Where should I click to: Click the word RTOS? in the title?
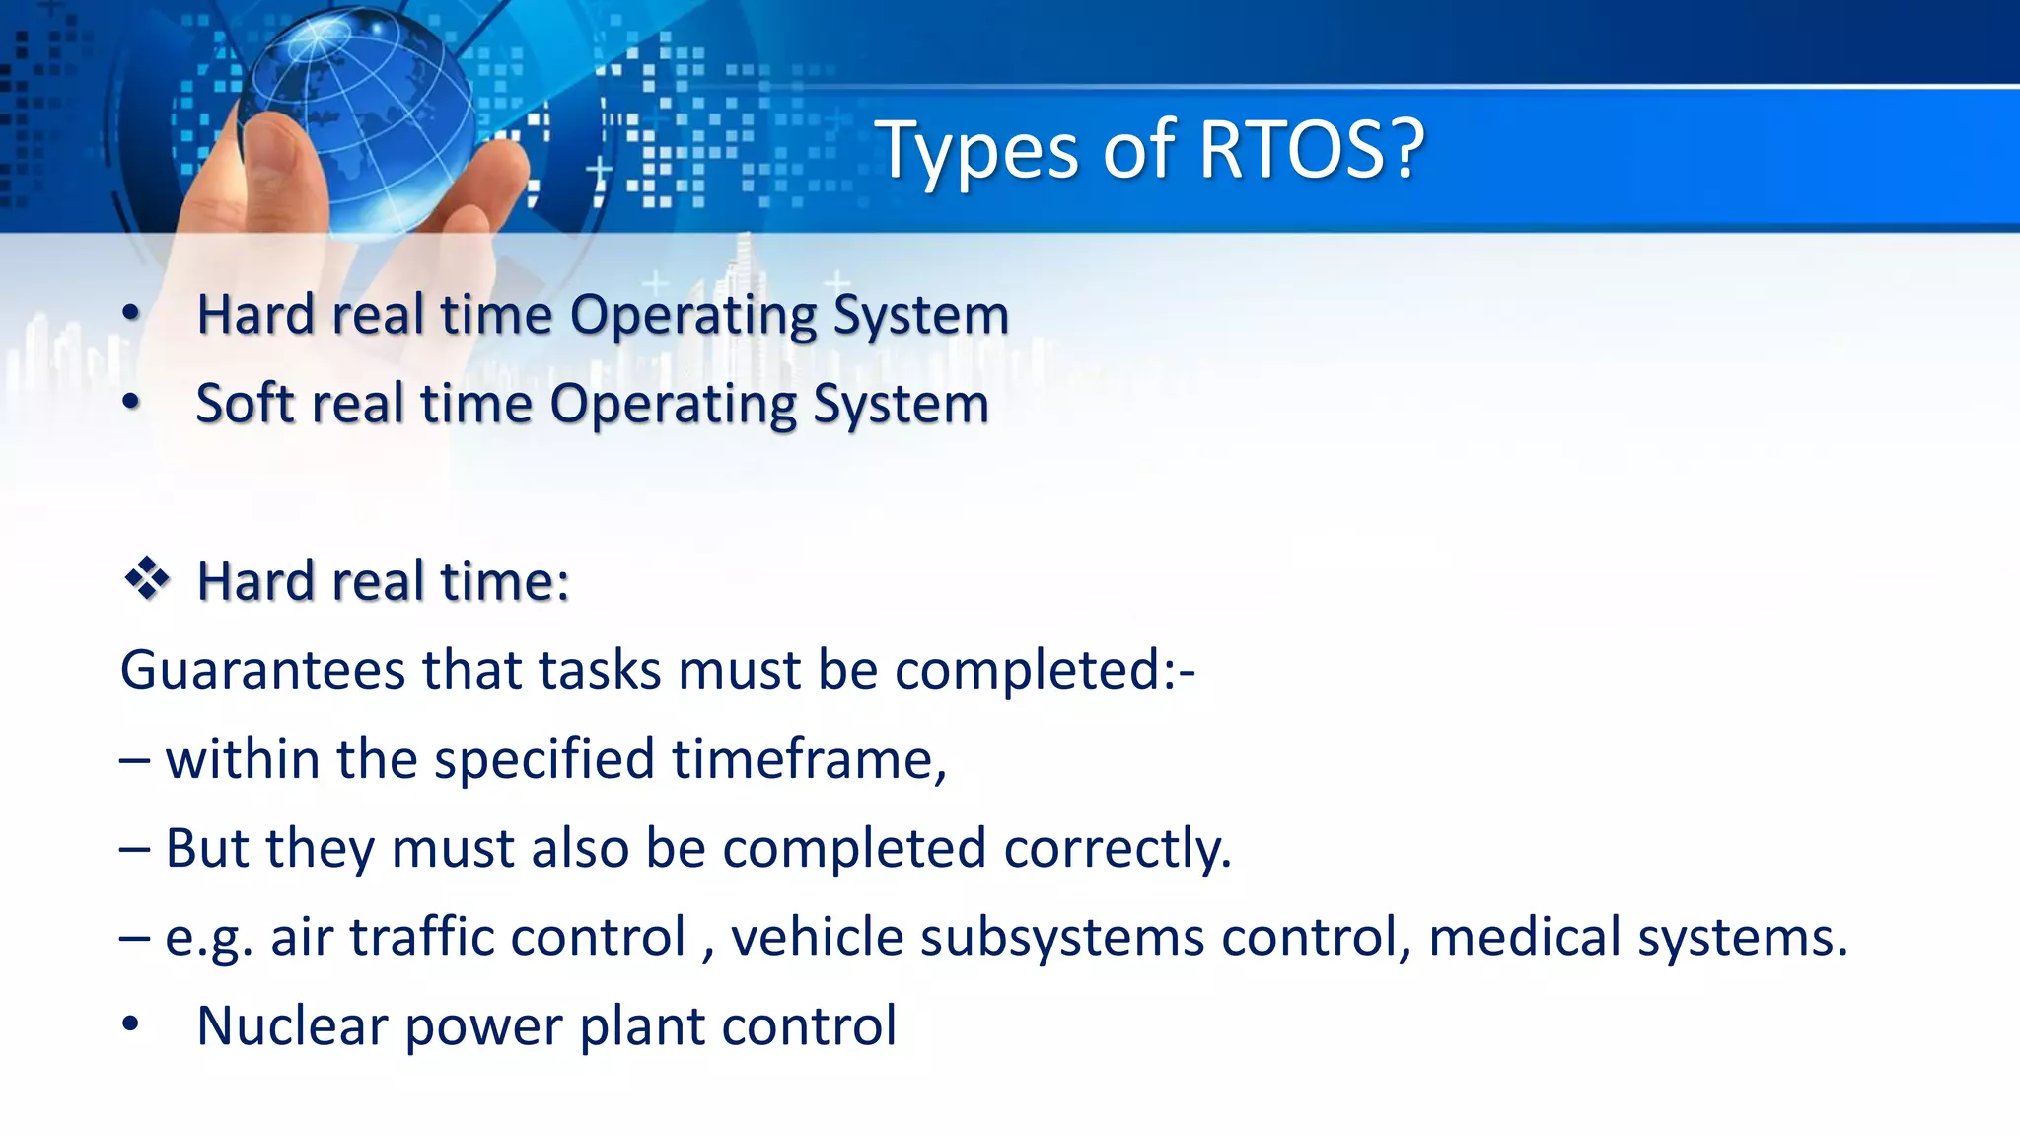1312,150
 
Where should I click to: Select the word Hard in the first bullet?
256,315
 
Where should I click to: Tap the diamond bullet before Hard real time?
146,579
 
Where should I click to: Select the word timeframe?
809,759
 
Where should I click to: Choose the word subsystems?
1062,937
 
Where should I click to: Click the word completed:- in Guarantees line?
1046,671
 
